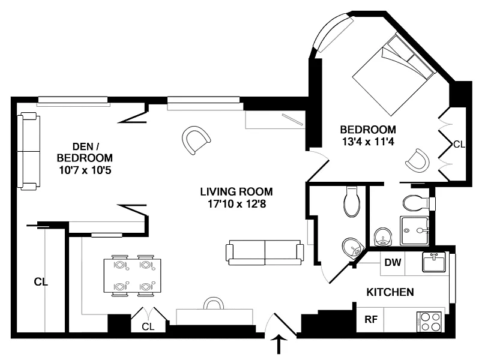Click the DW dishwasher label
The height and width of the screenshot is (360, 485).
pyautogui.click(x=393, y=263)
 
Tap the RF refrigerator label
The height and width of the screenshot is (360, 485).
pyautogui.click(x=371, y=319)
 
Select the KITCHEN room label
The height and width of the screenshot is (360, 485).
pyautogui.click(x=390, y=292)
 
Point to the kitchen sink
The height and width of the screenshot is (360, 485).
pyautogui.click(x=434, y=262)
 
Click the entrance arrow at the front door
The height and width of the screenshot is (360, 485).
pyautogui.click(x=279, y=344)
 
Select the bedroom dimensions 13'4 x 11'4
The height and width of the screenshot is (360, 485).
pyautogui.click(x=368, y=142)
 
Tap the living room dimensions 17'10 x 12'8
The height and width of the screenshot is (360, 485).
pyautogui.click(x=236, y=204)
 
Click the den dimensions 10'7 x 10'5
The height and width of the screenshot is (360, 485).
pyautogui.click(x=85, y=170)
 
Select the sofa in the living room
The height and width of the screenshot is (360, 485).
pyautogui.click(x=265, y=253)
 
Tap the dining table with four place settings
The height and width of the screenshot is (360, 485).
pyautogui.click(x=132, y=275)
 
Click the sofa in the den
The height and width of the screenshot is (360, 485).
pyautogui.click(x=28, y=152)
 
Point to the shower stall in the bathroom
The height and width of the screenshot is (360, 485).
pyautogui.click(x=415, y=231)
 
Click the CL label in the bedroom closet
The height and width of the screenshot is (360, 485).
pyautogui.click(x=459, y=144)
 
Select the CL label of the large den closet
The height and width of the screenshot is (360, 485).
pyautogui.click(x=41, y=282)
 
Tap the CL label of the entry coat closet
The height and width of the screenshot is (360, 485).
pyautogui.click(x=148, y=326)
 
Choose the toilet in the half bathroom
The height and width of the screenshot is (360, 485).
pyautogui.click(x=352, y=201)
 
